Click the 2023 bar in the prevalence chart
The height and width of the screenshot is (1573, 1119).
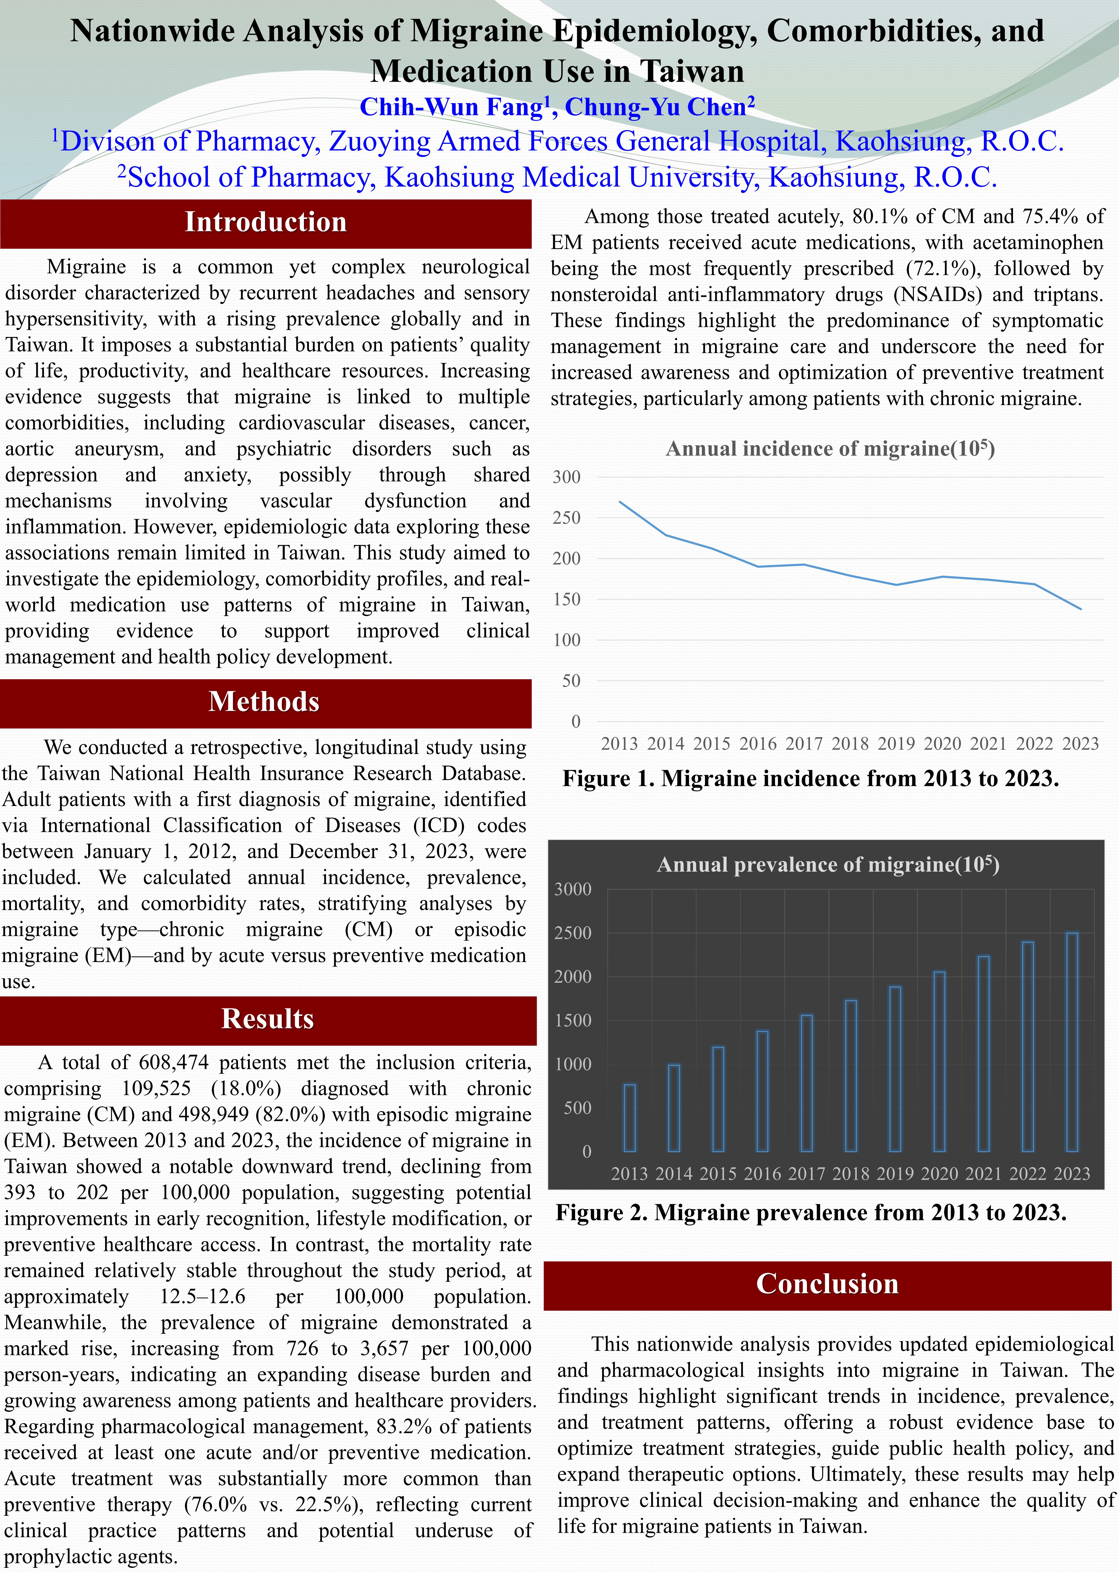[1072, 1043]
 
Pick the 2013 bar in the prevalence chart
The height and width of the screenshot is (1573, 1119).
[630, 1118]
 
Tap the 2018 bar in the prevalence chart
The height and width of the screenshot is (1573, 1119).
[851, 1076]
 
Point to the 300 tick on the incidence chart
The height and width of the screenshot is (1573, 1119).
[567, 477]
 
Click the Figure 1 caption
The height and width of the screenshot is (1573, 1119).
[810, 778]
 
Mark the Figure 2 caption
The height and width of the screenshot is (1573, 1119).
[811, 1213]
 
